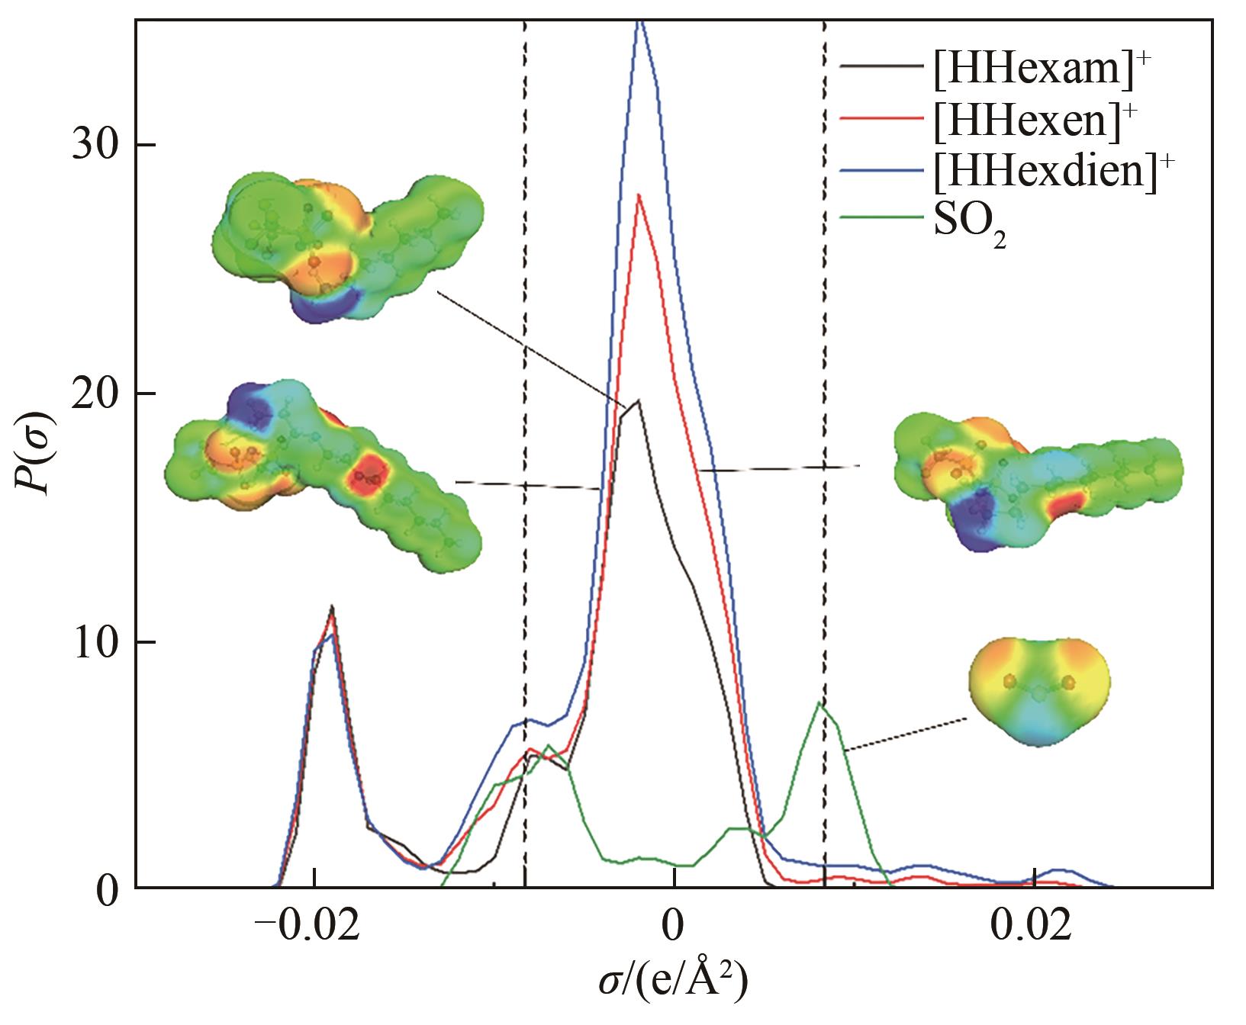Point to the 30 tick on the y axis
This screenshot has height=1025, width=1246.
point(93,145)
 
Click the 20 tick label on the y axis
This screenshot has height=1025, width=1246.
point(93,394)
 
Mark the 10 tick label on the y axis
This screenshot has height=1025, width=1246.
point(93,641)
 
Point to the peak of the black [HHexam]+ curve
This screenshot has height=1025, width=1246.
point(637,400)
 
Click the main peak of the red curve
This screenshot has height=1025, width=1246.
point(639,195)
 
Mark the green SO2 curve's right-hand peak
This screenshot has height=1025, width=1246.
point(819,703)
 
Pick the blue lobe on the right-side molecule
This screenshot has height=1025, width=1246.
point(977,516)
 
